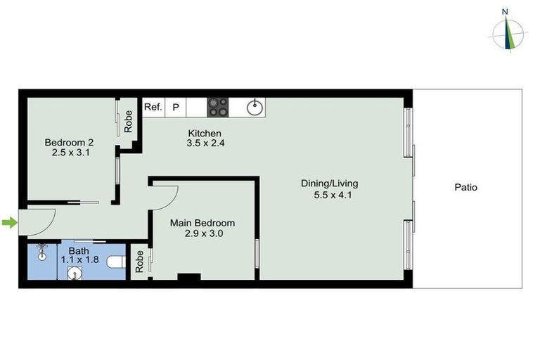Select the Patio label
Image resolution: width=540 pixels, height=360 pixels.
pyautogui.click(x=465, y=188)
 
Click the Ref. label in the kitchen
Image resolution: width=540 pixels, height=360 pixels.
pyautogui.click(x=153, y=108)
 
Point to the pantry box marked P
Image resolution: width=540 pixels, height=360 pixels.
pyautogui.click(x=176, y=108)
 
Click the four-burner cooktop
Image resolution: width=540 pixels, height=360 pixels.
pyautogui.click(x=218, y=107)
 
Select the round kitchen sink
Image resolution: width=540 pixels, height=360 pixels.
pyautogui.click(x=255, y=108)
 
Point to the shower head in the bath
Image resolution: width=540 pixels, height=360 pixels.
pyautogui.click(x=42, y=249)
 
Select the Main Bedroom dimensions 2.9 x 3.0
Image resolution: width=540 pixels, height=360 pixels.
pyautogui.click(x=202, y=234)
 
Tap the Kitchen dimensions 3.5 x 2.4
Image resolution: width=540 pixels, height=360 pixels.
pyautogui.click(x=205, y=143)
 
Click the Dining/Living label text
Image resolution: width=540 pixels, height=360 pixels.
pyautogui.click(x=329, y=184)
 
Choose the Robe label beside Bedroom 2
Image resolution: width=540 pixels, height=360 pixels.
pyautogui.click(x=129, y=122)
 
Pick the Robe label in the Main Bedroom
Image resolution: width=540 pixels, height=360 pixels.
pyautogui.click(x=139, y=262)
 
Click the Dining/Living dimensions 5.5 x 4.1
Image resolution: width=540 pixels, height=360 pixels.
pyautogui.click(x=333, y=195)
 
